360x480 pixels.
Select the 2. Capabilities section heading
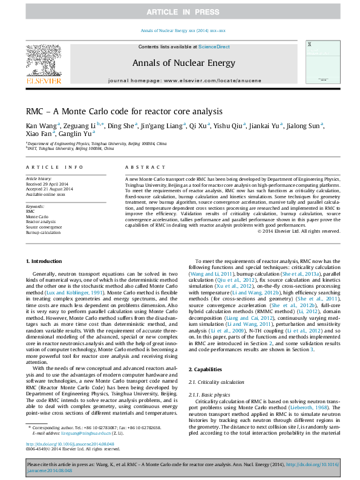(x=208, y=369)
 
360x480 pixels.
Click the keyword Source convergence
(x=44, y=227)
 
